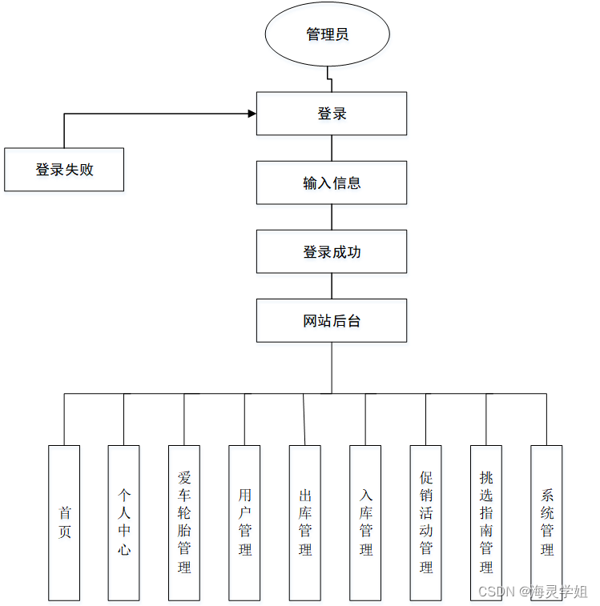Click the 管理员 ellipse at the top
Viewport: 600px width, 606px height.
(328, 34)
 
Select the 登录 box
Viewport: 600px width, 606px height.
(332, 114)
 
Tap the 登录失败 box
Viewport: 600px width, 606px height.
(64, 170)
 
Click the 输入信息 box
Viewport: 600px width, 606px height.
(332, 183)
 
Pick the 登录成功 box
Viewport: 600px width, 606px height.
(332, 251)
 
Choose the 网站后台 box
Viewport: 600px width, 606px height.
(332, 320)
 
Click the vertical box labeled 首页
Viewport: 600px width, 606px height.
(64, 523)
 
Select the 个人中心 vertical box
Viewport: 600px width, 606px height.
(124, 523)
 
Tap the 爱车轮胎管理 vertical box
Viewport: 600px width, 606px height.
(184, 523)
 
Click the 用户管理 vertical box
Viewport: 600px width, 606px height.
(244, 523)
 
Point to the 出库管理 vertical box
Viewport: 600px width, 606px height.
(305, 523)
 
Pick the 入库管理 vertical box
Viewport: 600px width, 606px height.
(365, 523)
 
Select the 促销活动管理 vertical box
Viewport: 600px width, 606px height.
(425, 523)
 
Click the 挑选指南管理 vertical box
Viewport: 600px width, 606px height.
(486, 523)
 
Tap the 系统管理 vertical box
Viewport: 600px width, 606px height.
(546, 523)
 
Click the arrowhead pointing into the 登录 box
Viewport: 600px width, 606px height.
(252, 114)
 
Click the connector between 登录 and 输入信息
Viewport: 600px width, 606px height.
(332, 148)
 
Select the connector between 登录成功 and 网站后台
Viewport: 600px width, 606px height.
(332, 286)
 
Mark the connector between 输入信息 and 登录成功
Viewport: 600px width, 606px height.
(332, 217)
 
